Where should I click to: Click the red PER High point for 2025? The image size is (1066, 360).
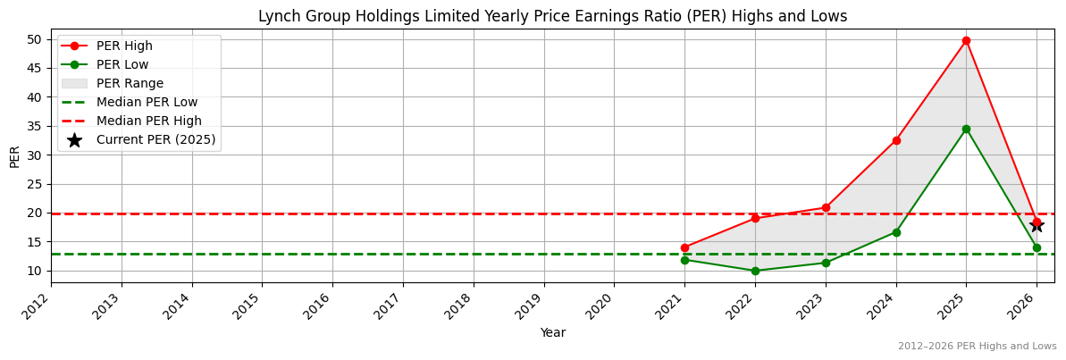point(966,40)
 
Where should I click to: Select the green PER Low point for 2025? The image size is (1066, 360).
point(966,129)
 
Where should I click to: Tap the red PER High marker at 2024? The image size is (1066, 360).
point(895,140)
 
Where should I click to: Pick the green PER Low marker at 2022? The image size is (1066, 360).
point(755,271)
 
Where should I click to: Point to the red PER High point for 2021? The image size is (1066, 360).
point(684,247)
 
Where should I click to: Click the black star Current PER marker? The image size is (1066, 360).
point(1037,225)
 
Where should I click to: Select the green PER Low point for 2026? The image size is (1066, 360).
point(1037,247)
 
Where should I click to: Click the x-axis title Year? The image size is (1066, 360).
point(552,333)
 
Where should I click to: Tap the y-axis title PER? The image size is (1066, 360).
point(14,155)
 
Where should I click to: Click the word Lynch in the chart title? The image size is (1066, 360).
point(277,16)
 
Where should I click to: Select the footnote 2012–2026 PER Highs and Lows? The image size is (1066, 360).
point(977,347)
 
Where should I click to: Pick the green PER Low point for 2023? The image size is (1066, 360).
point(826,263)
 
